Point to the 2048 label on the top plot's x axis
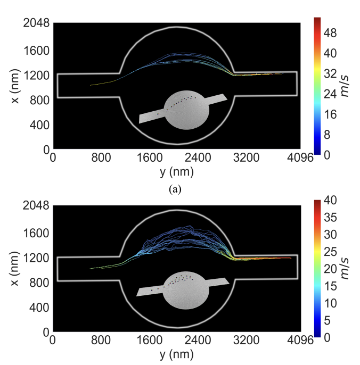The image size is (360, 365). [35, 23]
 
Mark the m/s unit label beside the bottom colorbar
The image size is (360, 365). [347, 268]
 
